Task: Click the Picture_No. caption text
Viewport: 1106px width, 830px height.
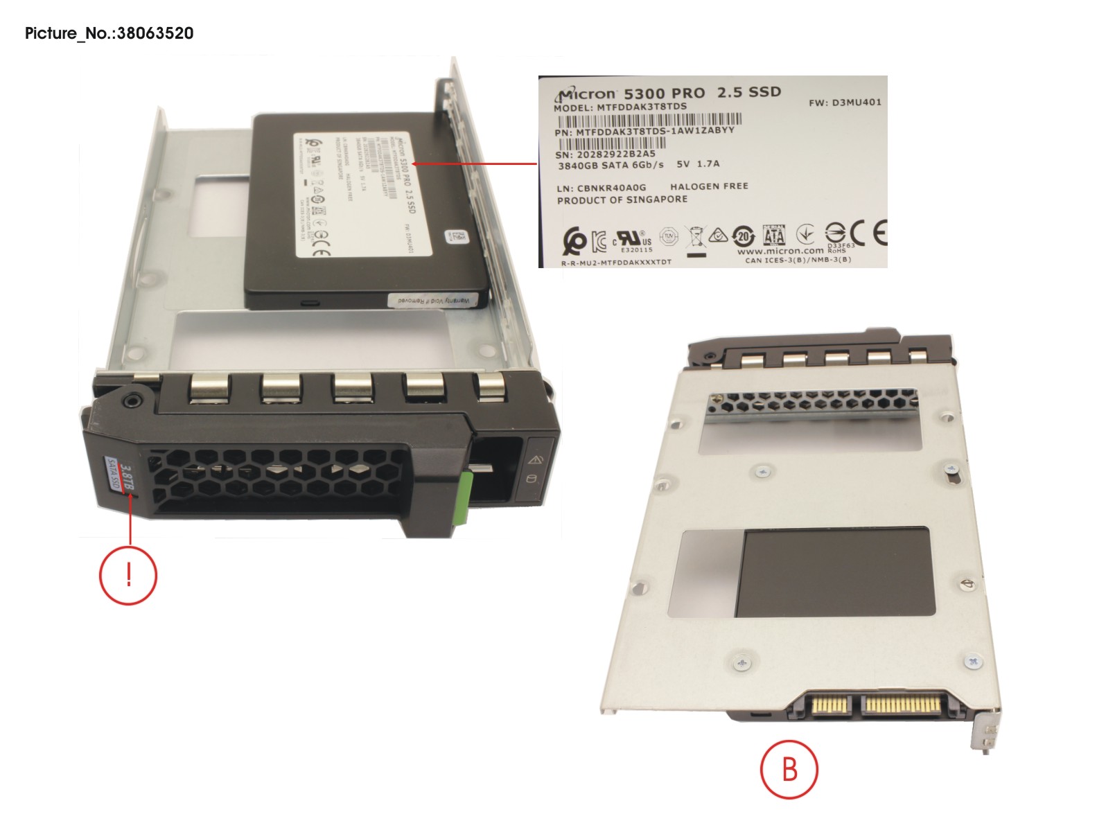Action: [x=109, y=33]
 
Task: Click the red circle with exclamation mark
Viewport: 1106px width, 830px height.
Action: [x=128, y=575]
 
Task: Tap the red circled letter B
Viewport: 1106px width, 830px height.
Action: [x=789, y=769]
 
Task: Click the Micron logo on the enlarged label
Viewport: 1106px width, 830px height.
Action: [x=586, y=95]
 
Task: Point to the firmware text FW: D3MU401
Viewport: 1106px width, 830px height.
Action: [x=845, y=103]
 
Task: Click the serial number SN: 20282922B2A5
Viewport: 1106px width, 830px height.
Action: [x=605, y=154]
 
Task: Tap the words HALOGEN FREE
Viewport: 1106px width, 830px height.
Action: [x=709, y=186]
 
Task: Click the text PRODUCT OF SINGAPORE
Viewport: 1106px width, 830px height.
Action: [x=622, y=200]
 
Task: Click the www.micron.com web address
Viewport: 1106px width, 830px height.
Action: [x=780, y=251]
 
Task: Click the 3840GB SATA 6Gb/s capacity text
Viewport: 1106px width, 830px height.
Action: [x=610, y=166]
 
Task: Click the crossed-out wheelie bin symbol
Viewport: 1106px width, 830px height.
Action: [x=696, y=238]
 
